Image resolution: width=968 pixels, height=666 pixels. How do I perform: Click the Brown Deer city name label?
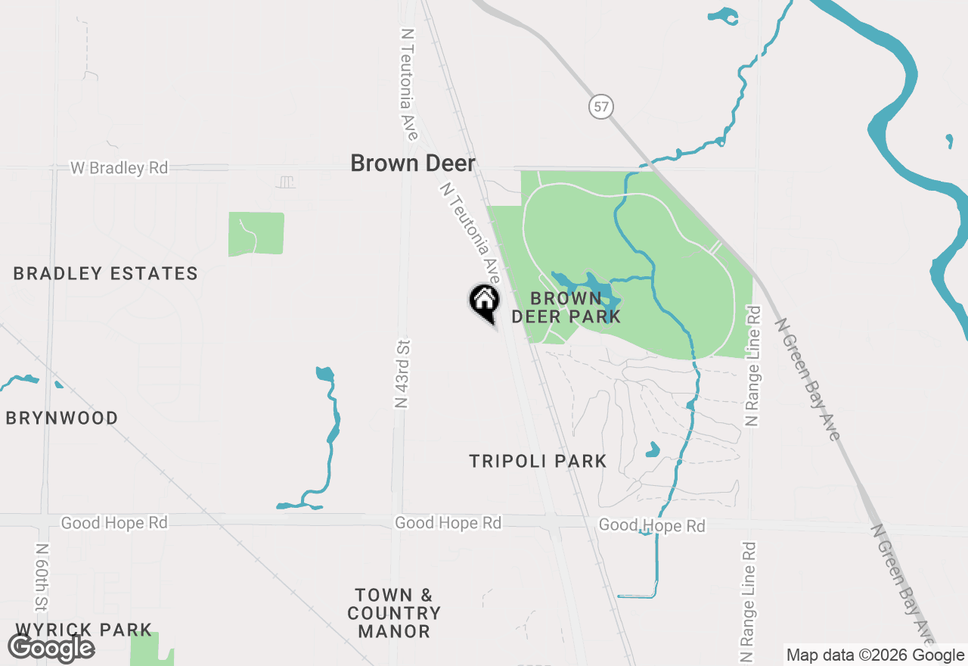click(413, 163)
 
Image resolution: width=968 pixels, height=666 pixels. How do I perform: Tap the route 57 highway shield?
click(600, 107)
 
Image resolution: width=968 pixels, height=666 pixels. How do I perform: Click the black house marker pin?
click(485, 301)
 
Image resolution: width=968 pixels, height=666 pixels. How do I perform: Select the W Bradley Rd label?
click(119, 168)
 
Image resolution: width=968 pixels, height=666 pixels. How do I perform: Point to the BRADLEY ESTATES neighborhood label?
click(106, 274)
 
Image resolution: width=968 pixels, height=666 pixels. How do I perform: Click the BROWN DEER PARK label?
click(566, 307)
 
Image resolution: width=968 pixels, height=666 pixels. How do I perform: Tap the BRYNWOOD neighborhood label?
click(62, 419)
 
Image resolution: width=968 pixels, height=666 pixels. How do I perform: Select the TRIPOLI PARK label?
click(538, 461)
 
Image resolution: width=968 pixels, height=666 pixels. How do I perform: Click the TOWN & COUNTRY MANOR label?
click(394, 613)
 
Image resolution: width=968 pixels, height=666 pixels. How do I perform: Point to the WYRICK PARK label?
click(83, 630)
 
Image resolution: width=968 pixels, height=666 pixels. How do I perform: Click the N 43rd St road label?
click(402, 374)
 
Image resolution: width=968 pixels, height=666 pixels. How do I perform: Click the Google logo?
click(51, 648)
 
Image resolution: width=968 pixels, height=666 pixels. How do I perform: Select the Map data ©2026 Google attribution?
click(875, 655)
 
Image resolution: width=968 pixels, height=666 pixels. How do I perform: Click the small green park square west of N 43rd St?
click(256, 234)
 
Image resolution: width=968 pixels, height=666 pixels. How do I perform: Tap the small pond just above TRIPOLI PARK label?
click(652, 450)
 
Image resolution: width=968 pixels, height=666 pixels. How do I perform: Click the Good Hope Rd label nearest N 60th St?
click(114, 523)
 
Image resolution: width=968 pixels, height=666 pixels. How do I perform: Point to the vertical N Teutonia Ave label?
click(408, 85)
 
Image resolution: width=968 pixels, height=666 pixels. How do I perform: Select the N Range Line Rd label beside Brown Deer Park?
click(752, 366)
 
